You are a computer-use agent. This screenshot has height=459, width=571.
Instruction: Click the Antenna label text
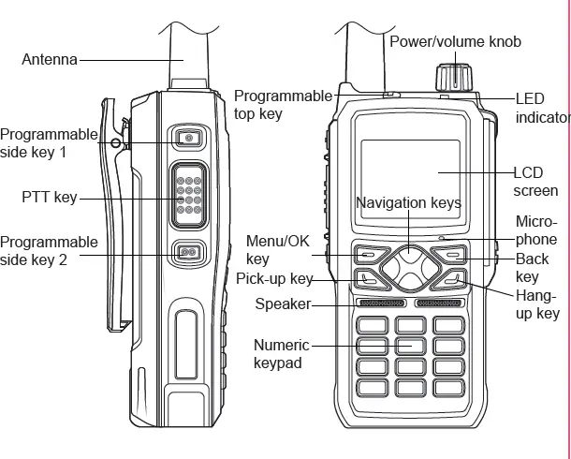(x=50, y=60)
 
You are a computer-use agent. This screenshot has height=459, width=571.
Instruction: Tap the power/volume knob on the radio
(x=453, y=76)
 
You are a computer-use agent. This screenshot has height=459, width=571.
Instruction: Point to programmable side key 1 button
(x=188, y=138)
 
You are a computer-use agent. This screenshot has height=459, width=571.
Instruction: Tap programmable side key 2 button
(x=188, y=252)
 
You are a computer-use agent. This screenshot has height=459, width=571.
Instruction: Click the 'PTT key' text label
(x=49, y=198)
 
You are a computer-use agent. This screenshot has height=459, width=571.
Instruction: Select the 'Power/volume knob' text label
(x=455, y=41)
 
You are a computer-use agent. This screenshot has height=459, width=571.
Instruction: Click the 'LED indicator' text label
(x=542, y=108)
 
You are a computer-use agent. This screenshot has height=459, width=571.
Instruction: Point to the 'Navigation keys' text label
(x=408, y=202)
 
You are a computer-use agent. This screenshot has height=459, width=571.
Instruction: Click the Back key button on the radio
(x=453, y=254)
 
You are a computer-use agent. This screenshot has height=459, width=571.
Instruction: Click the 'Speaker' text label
(x=282, y=304)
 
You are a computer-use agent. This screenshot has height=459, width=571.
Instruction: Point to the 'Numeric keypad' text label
(x=281, y=354)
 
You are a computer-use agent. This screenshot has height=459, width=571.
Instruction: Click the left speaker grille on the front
(x=380, y=304)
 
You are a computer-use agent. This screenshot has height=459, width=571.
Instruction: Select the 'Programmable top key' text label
(x=282, y=104)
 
